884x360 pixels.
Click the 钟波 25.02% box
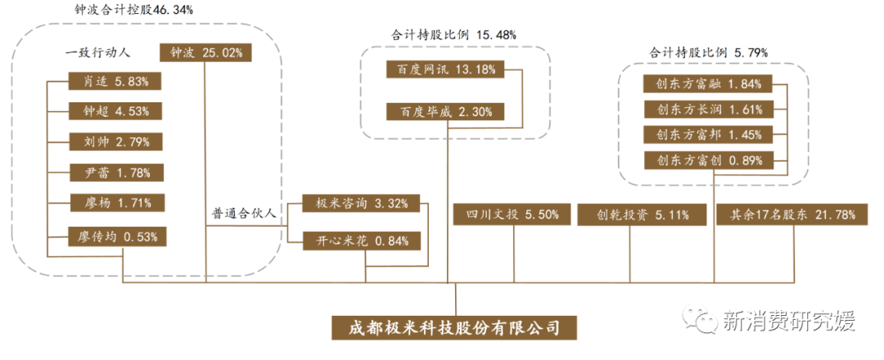(205, 52)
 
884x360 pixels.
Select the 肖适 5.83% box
(115, 81)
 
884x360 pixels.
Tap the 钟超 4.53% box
(115, 111)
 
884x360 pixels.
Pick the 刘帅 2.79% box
(115, 142)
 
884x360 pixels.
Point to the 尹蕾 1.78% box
(115, 172)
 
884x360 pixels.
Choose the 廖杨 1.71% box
(115, 202)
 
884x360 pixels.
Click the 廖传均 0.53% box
(115, 237)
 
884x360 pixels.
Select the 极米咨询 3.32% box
(362, 204)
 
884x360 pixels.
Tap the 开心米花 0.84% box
(362, 241)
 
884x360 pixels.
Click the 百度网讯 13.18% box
(446, 70)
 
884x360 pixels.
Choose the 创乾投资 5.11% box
(631, 215)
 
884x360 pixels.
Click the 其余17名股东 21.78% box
(787, 215)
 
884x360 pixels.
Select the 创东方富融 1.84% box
(703, 83)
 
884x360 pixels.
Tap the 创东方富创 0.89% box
(703, 160)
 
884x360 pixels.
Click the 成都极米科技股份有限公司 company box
(454, 327)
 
